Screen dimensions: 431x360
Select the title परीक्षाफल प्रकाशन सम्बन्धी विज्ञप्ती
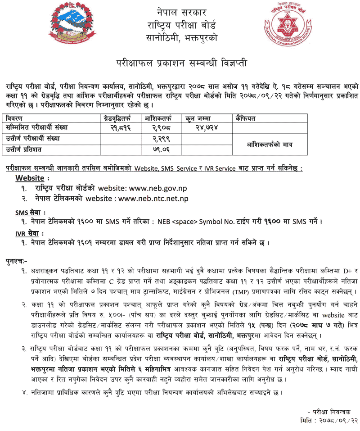(180, 63)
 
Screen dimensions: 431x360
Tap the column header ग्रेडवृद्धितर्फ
(118, 118)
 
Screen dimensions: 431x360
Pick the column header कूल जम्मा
(200, 118)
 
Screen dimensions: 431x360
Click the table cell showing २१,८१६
(118, 128)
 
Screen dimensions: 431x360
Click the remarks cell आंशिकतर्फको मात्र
(270, 144)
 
